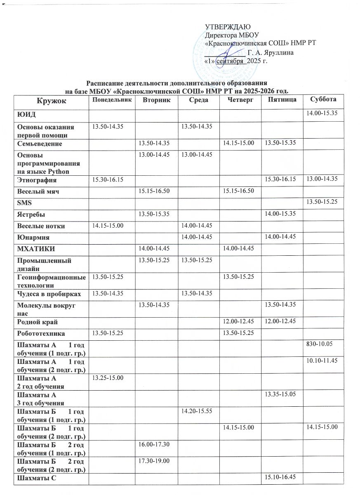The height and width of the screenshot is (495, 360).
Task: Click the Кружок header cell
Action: click(50, 101)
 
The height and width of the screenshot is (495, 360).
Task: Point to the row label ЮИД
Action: click(23, 113)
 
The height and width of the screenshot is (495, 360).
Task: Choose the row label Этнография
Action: click(37, 181)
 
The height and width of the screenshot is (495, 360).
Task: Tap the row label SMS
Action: click(23, 203)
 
